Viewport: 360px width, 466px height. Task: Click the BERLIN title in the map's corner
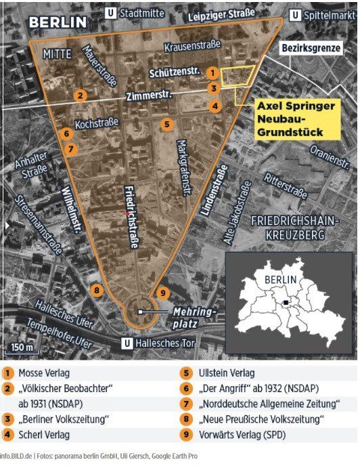pos(57,22)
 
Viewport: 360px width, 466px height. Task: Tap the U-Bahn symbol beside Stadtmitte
pos(111,13)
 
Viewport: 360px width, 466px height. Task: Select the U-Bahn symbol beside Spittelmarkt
pos(295,15)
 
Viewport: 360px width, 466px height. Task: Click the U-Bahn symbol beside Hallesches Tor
pos(127,343)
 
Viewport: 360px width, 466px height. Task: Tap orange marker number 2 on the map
pos(80,95)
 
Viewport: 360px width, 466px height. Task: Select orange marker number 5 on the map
pos(166,124)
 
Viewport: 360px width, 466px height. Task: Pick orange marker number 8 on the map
pos(97,291)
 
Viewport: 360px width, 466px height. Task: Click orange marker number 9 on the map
pos(162,293)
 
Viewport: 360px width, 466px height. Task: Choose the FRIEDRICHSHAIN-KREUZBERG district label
pos(292,227)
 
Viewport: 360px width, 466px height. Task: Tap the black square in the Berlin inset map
pos(288,303)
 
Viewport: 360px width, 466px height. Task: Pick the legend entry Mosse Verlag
pos(43,373)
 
